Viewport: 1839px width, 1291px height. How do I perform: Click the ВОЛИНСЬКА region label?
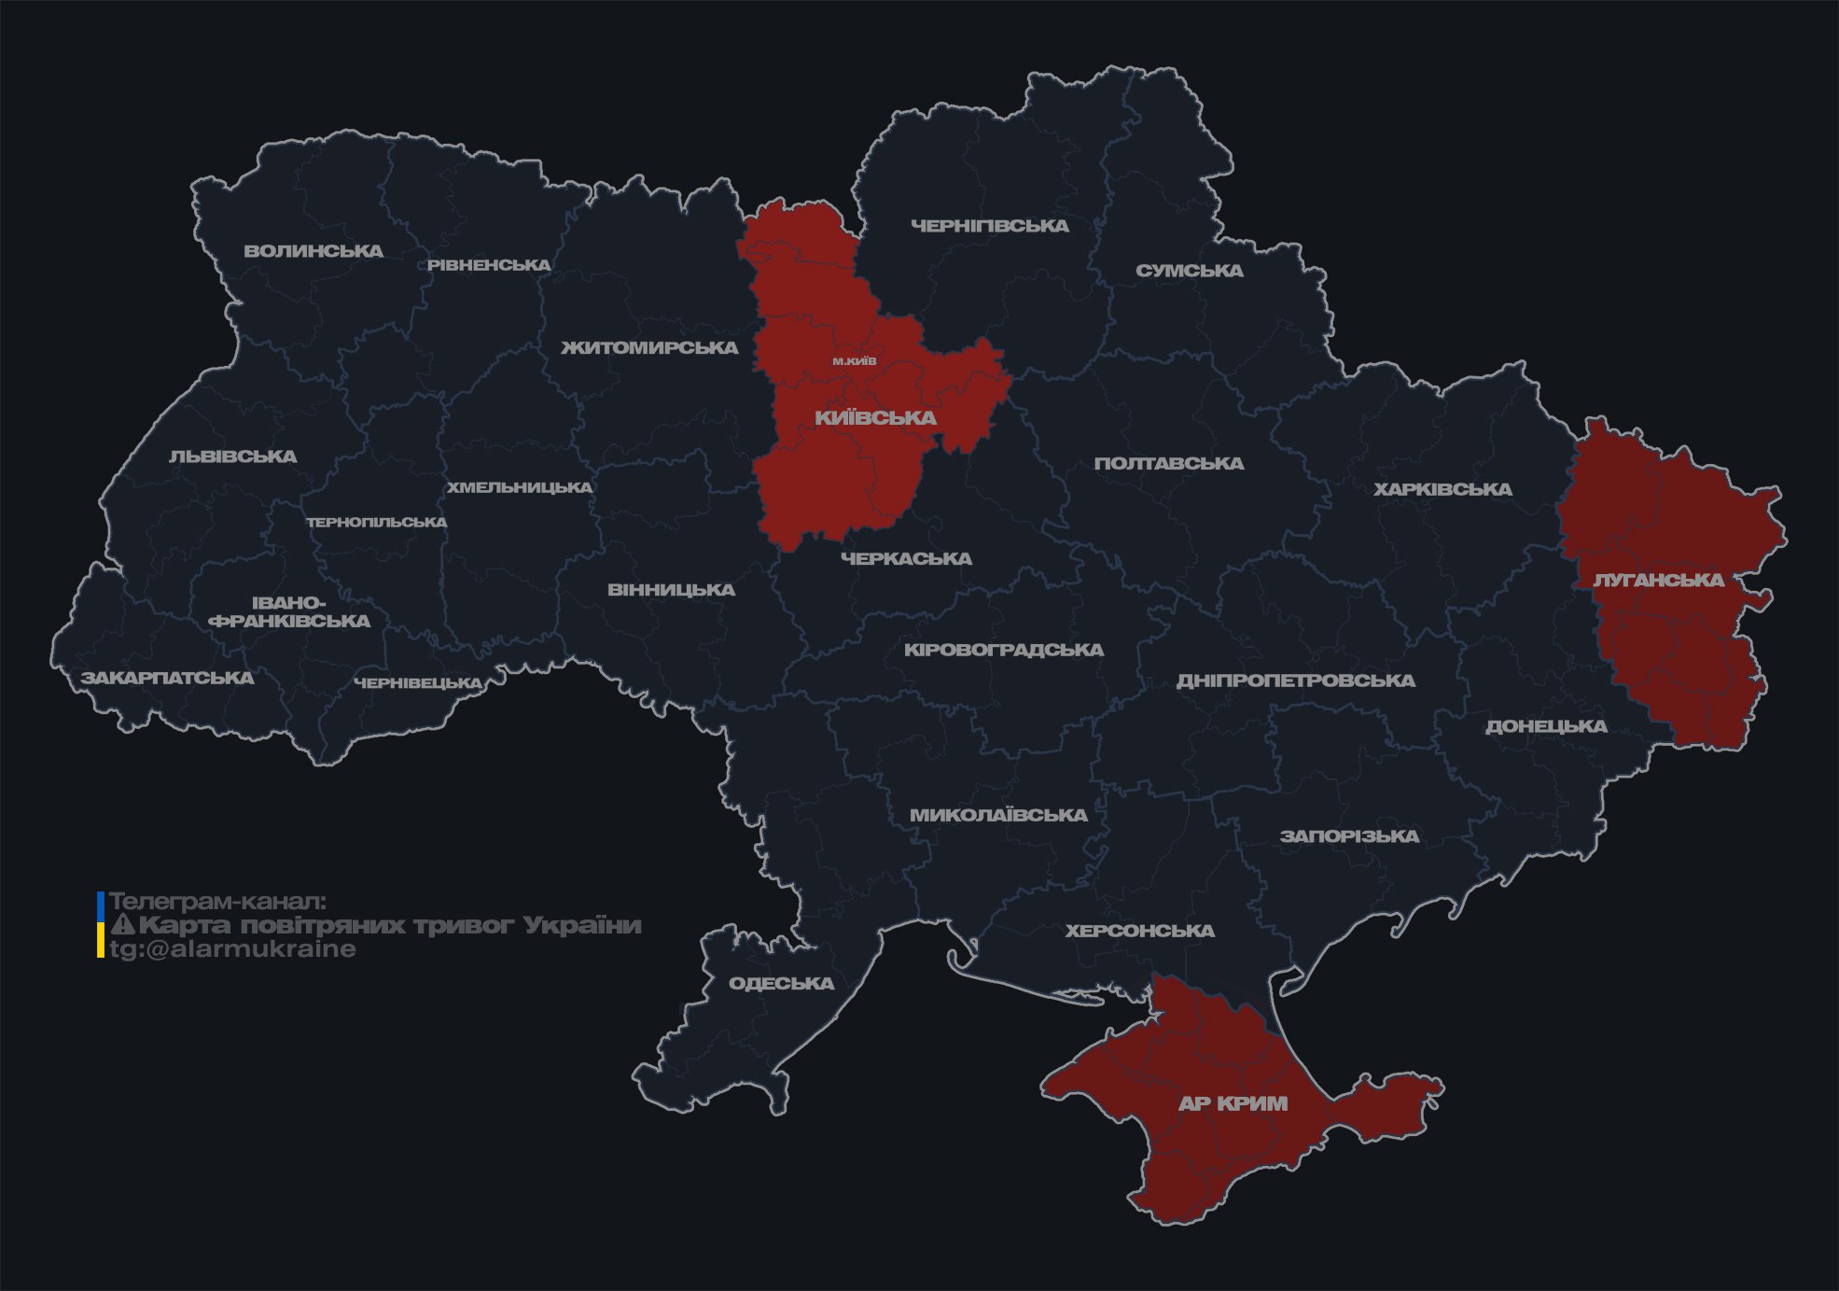[x=313, y=251]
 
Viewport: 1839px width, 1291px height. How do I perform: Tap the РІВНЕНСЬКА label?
[x=489, y=265]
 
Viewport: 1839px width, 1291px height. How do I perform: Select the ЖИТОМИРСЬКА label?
[x=649, y=348]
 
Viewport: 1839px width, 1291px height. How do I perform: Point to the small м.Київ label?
[x=855, y=360]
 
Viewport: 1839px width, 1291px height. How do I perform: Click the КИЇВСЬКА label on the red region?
[x=875, y=417]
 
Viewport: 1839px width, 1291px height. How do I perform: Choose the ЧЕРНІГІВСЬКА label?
[x=989, y=226]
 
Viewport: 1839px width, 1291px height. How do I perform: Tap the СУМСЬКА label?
[x=1189, y=271]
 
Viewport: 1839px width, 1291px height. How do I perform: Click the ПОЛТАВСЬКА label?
[x=1168, y=464]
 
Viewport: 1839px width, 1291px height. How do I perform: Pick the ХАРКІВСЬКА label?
[x=1442, y=489]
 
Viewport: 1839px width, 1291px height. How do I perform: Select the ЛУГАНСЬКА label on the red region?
[x=1658, y=580]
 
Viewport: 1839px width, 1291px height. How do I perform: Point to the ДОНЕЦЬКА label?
[x=1546, y=726]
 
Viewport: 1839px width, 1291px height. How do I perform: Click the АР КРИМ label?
[x=1233, y=1103]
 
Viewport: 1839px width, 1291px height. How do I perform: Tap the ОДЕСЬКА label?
[x=781, y=983]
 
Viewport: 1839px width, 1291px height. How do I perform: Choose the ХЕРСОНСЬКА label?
[x=1139, y=931]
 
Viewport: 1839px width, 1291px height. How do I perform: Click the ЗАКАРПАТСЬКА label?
[x=167, y=678]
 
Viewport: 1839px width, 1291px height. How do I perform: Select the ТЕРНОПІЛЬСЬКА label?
[x=377, y=522]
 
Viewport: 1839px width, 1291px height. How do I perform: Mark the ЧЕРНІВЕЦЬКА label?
[x=417, y=683]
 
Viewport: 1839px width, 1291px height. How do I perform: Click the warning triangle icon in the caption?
[x=122, y=925]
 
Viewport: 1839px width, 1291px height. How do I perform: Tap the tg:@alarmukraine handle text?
[x=232, y=949]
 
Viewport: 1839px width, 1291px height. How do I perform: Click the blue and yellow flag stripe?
[x=101, y=925]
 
